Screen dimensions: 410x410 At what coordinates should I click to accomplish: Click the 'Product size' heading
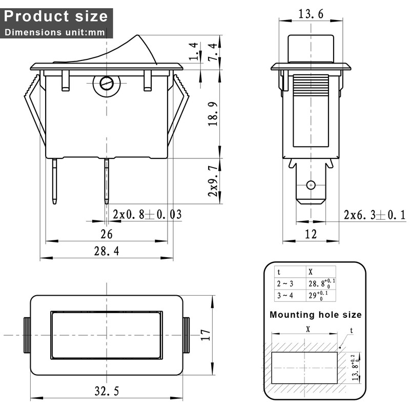click(x=56, y=16)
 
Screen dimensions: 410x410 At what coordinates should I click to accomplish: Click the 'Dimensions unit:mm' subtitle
click(x=55, y=32)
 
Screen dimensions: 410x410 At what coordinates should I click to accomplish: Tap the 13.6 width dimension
click(x=311, y=14)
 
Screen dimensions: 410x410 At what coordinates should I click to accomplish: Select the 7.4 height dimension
click(x=213, y=52)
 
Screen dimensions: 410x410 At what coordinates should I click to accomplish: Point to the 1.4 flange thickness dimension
click(x=194, y=52)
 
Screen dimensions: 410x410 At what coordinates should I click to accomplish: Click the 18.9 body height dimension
click(x=213, y=114)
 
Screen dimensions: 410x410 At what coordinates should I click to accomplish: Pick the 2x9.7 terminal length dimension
click(x=213, y=181)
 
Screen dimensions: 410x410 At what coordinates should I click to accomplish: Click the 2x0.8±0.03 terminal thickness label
click(x=147, y=214)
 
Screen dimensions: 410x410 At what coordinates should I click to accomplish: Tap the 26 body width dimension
click(x=107, y=234)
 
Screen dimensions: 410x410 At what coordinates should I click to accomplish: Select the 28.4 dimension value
click(x=107, y=251)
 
